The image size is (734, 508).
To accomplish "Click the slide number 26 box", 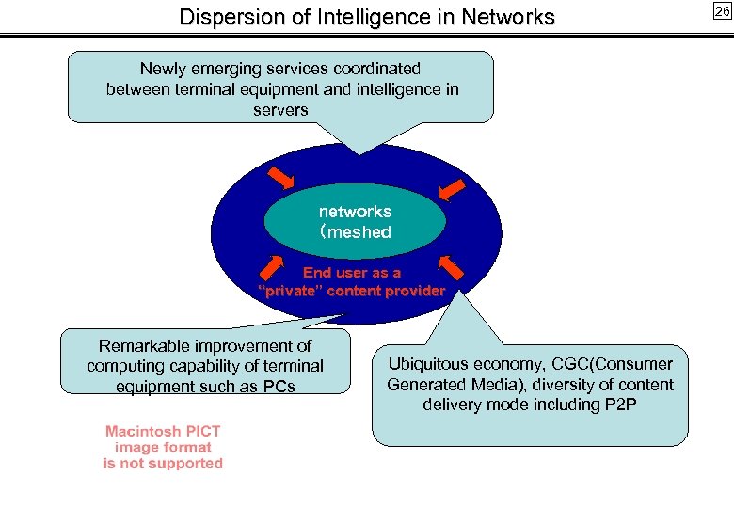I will click(x=721, y=11).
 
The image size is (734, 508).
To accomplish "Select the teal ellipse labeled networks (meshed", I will click(x=355, y=221).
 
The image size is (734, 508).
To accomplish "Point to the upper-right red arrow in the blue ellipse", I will click(x=453, y=189).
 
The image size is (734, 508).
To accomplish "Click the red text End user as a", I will click(x=351, y=273).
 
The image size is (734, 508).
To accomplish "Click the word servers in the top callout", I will click(x=280, y=110).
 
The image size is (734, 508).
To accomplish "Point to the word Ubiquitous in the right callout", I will click(x=431, y=364).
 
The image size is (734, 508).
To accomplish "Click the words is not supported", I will click(x=163, y=463).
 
